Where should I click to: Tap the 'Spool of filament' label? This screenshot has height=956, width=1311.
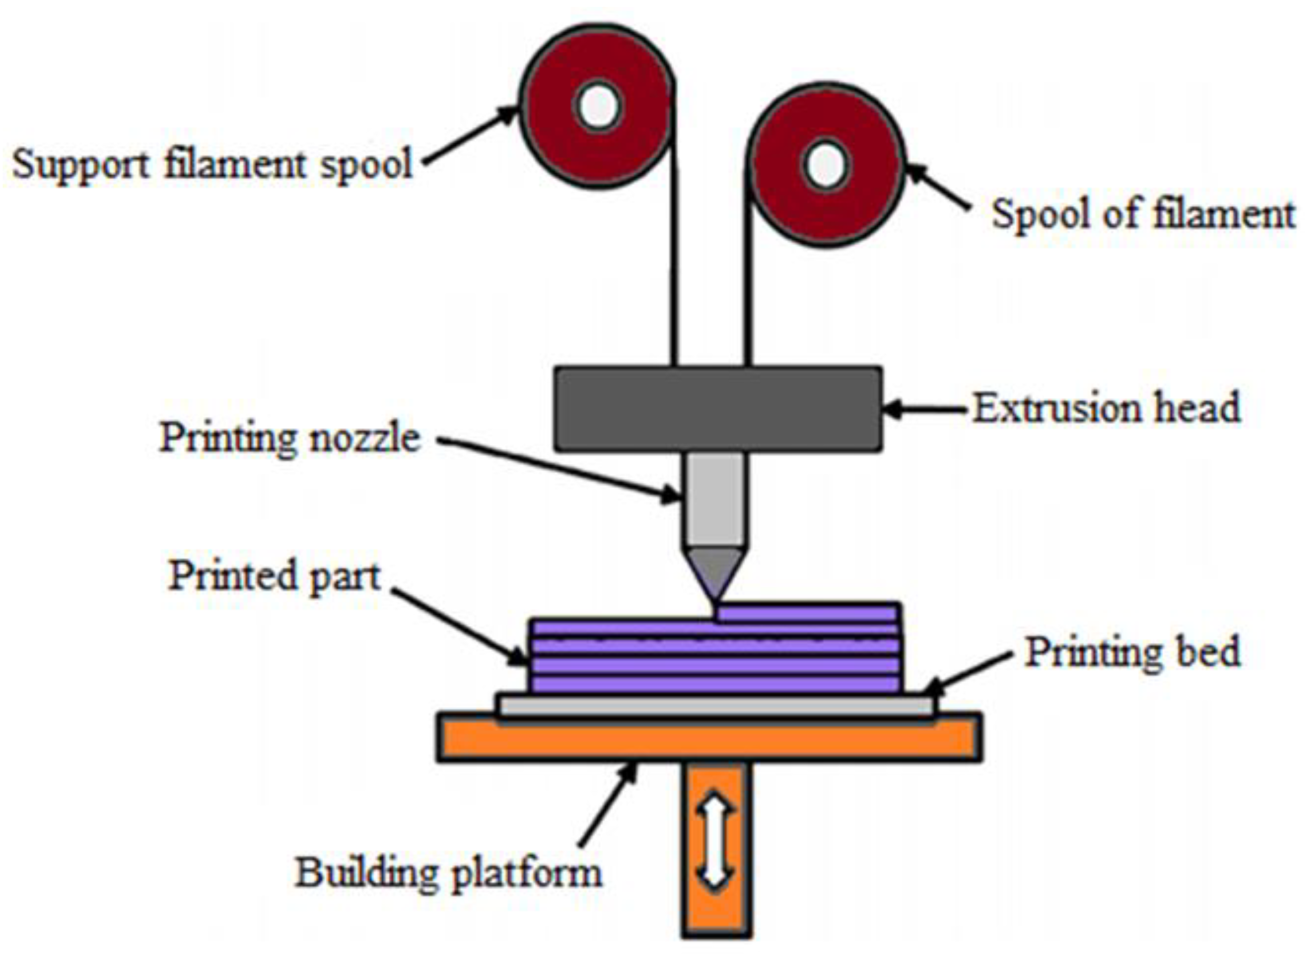[x=1143, y=214]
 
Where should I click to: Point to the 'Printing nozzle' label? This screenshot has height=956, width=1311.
[x=290, y=438]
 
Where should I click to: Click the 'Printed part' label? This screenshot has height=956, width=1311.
[x=275, y=577]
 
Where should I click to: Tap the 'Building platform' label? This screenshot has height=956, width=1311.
[x=449, y=874]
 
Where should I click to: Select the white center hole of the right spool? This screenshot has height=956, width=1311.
[x=826, y=165]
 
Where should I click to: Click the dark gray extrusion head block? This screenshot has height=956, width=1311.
[x=718, y=409]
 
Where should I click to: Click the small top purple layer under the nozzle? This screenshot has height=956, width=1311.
[x=808, y=612]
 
